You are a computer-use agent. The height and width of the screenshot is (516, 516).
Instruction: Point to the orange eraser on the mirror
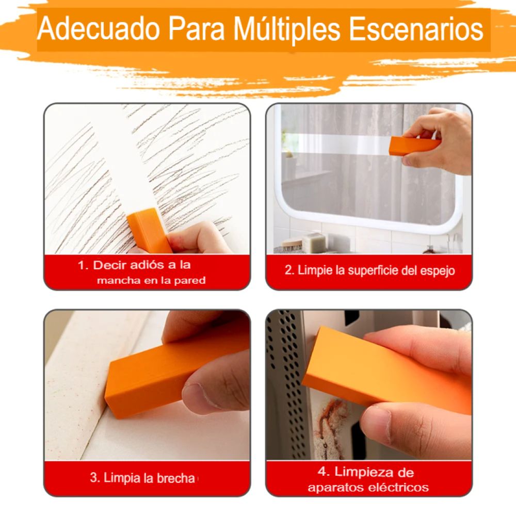[x=414, y=147]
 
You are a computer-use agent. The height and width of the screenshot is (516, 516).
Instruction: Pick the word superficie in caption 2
[x=371, y=270]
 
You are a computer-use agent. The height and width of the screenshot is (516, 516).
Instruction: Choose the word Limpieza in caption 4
[x=363, y=472]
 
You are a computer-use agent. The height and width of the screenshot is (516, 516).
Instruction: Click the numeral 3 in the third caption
[x=93, y=478]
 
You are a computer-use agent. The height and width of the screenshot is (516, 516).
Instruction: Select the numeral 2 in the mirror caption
[x=288, y=270]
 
